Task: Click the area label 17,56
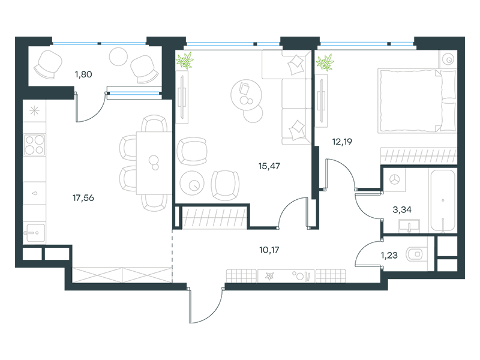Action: (x=83, y=198)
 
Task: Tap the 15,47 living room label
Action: (x=269, y=166)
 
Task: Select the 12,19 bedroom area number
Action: (x=342, y=142)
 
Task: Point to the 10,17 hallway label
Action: (x=269, y=250)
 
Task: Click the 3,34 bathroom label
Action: (x=402, y=209)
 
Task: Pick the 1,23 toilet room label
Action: (x=389, y=255)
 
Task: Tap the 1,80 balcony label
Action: (x=83, y=74)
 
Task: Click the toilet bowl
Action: (x=415, y=254)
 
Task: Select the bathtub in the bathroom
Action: (x=443, y=200)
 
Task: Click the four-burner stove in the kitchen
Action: (x=35, y=145)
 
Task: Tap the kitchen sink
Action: (x=34, y=233)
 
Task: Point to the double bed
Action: (x=418, y=101)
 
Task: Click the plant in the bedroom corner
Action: (x=325, y=62)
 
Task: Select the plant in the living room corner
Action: (x=185, y=60)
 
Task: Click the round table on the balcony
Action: (x=118, y=56)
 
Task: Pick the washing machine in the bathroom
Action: (x=394, y=179)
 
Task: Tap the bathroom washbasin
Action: (x=409, y=226)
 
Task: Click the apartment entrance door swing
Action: (x=205, y=306)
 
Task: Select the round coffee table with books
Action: (x=246, y=95)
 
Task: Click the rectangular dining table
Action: (x=154, y=163)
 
